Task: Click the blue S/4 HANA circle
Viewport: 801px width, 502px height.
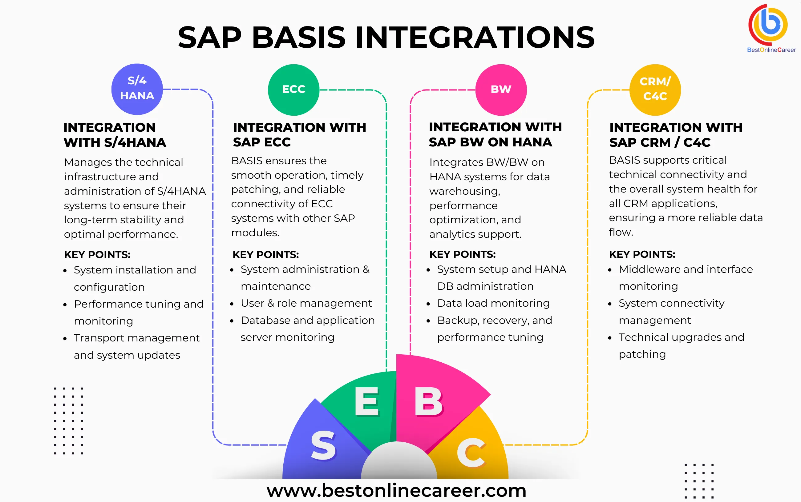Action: (x=137, y=89)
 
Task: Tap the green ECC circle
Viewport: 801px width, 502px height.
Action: (x=293, y=90)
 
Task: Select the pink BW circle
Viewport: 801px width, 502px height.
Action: (x=501, y=90)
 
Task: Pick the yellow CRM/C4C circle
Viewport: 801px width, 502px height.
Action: (x=655, y=90)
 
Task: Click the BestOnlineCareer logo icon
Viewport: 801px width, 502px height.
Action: (x=768, y=25)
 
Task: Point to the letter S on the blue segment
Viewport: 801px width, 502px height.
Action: (x=323, y=446)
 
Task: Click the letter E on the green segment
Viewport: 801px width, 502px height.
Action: (x=366, y=402)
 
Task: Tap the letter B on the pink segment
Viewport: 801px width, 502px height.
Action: (x=428, y=402)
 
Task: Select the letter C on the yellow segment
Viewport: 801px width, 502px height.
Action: (x=471, y=452)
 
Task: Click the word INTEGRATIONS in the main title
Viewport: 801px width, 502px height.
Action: (x=475, y=37)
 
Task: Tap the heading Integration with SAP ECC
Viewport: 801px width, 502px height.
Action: (x=299, y=134)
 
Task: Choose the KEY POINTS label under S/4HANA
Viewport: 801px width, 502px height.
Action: (x=97, y=255)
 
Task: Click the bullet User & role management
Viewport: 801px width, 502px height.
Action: (x=306, y=303)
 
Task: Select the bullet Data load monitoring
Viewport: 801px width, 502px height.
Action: (x=493, y=303)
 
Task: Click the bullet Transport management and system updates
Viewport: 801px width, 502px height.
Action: (x=136, y=346)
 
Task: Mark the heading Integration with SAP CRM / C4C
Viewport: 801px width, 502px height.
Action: (x=675, y=134)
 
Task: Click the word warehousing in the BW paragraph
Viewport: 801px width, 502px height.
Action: (x=464, y=191)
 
